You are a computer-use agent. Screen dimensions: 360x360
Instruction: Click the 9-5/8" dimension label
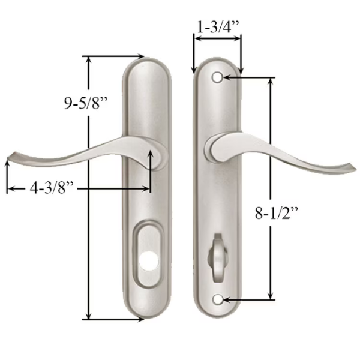coord(86,103)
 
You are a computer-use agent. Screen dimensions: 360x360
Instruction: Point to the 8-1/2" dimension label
coord(277,213)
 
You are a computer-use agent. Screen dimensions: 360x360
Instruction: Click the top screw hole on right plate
coord(217,77)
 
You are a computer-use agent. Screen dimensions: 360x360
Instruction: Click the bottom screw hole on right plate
coord(217,299)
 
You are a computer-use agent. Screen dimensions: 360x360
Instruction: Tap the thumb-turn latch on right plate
coord(217,257)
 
